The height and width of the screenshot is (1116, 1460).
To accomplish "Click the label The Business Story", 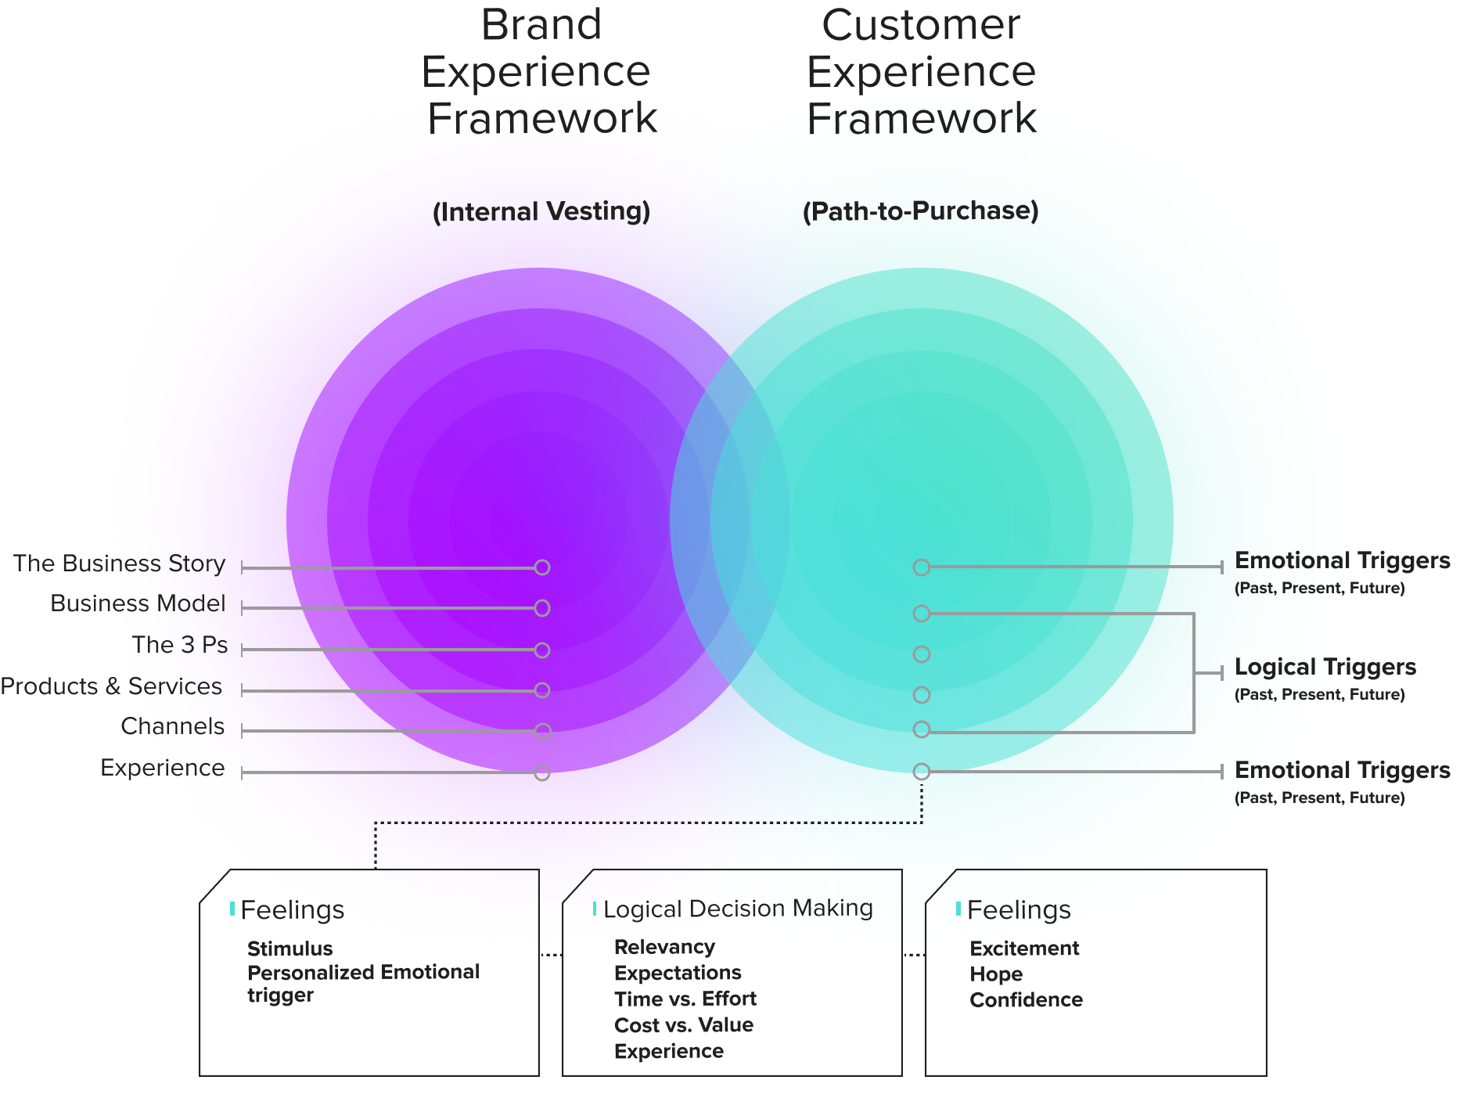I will pyautogui.click(x=119, y=563).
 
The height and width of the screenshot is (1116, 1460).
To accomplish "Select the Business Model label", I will pyautogui.click(x=138, y=603).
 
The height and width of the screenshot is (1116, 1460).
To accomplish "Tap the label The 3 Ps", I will pyautogui.click(x=180, y=645).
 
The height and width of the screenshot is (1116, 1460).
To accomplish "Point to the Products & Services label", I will pyautogui.click(x=111, y=686).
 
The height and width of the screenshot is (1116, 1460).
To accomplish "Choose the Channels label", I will pyautogui.click(x=172, y=726).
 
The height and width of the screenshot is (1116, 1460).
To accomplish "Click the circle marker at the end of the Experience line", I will pyautogui.click(x=542, y=773).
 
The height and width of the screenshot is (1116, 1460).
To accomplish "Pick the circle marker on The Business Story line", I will pyautogui.click(x=542, y=567).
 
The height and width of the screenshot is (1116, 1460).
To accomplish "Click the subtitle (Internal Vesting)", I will pyautogui.click(x=541, y=211).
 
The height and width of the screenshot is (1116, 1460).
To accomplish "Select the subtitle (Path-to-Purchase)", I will pyautogui.click(x=921, y=211).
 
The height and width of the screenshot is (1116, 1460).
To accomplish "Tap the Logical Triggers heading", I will pyautogui.click(x=1325, y=667).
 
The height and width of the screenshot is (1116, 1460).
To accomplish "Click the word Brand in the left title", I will pyautogui.click(x=541, y=25).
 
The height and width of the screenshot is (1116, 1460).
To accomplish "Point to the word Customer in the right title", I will pyautogui.click(x=921, y=25).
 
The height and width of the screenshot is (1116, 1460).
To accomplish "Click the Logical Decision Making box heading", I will pyautogui.click(x=738, y=909).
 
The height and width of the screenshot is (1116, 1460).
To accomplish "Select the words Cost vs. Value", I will pyautogui.click(x=684, y=1025).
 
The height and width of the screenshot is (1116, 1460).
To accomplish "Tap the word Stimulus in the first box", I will pyautogui.click(x=290, y=949).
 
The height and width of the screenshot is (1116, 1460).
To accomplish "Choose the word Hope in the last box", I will pyautogui.click(x=996, y=974).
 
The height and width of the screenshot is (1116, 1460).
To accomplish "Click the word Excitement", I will pyautogui.click(x=1024, y=949).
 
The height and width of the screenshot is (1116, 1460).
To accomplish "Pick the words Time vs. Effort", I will pyautogui.click(x=685, y=999).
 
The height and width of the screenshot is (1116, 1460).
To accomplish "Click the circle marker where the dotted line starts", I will pyautogui.click(x=922, y=772).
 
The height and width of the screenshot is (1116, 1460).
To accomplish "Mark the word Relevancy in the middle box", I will pyautogui.click(x=664, y=947).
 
